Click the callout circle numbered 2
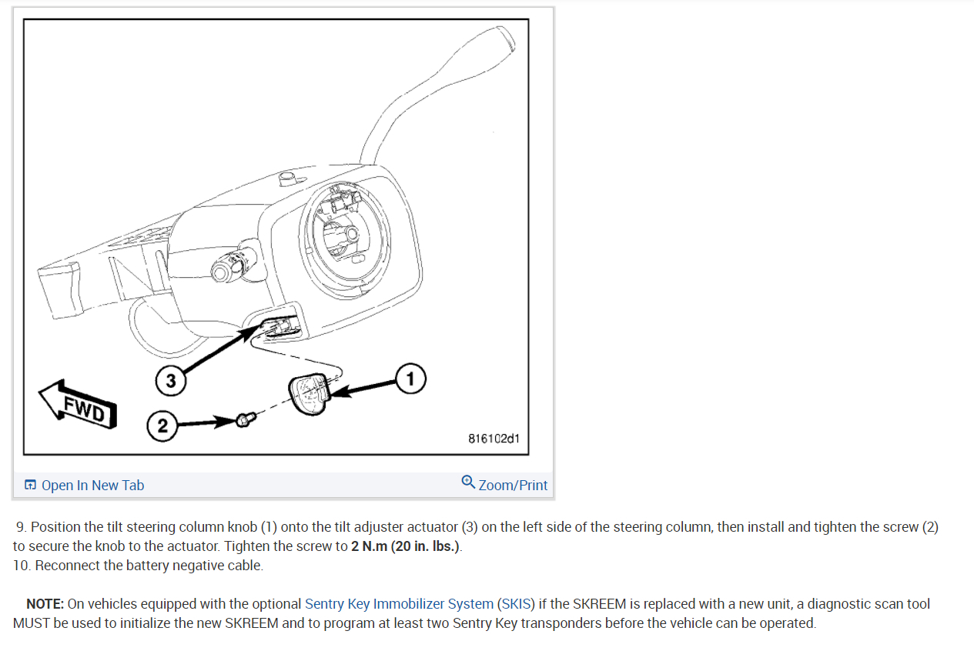click(162, 426)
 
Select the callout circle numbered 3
click(171, 380)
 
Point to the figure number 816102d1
click(494, 439)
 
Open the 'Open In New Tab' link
click(92, 485)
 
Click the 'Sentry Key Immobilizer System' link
click(399, 604)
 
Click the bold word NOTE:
click(45, 604)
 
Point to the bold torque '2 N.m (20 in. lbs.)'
click(406, 546)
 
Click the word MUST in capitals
click(30, 623)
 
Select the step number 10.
click(22, 566)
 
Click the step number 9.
click(22, 527)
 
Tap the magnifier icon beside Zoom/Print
click(468, 482)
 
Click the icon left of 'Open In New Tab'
click(31, 485)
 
